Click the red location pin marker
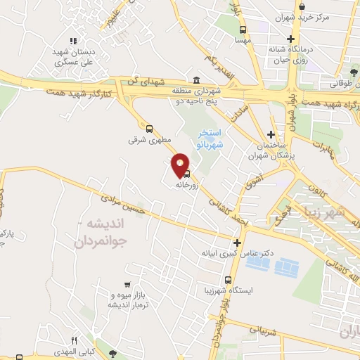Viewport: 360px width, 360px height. pos(180,165)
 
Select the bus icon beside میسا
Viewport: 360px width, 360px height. pos(243,30)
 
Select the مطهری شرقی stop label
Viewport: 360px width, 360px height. pos(145,140)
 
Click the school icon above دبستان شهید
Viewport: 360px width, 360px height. pos(73,41)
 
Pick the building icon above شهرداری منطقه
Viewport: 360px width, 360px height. pos(195,79)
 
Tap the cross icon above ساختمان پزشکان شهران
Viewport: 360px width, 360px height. pos(271,134)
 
